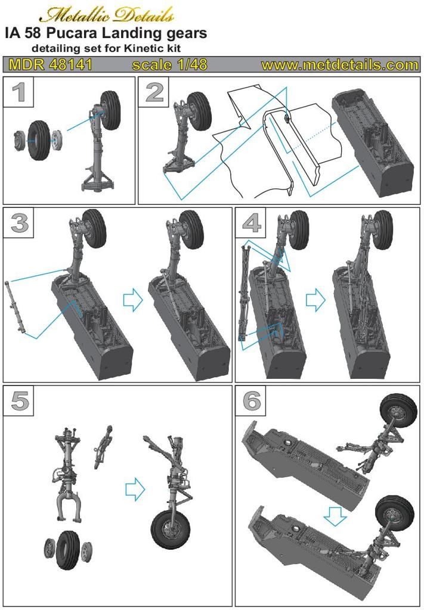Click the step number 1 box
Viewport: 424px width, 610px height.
pos(18,92)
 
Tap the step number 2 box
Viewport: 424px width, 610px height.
pos(153,92)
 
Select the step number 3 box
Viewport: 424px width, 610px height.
pos(18,223)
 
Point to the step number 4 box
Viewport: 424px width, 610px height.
pos(250,223)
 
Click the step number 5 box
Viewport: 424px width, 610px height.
pos(18,401)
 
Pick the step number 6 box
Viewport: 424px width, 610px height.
pos(250,401)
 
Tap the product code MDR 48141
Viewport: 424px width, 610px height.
pos(50,64)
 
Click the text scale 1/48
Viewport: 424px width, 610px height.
pos(169,64)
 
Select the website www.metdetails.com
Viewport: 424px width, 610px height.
pos(339,64)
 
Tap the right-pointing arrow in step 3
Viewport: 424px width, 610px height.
pos(133,300)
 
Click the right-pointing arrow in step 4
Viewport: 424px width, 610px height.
pos(315,300)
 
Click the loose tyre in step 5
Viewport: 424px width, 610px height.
pos(68,550)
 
